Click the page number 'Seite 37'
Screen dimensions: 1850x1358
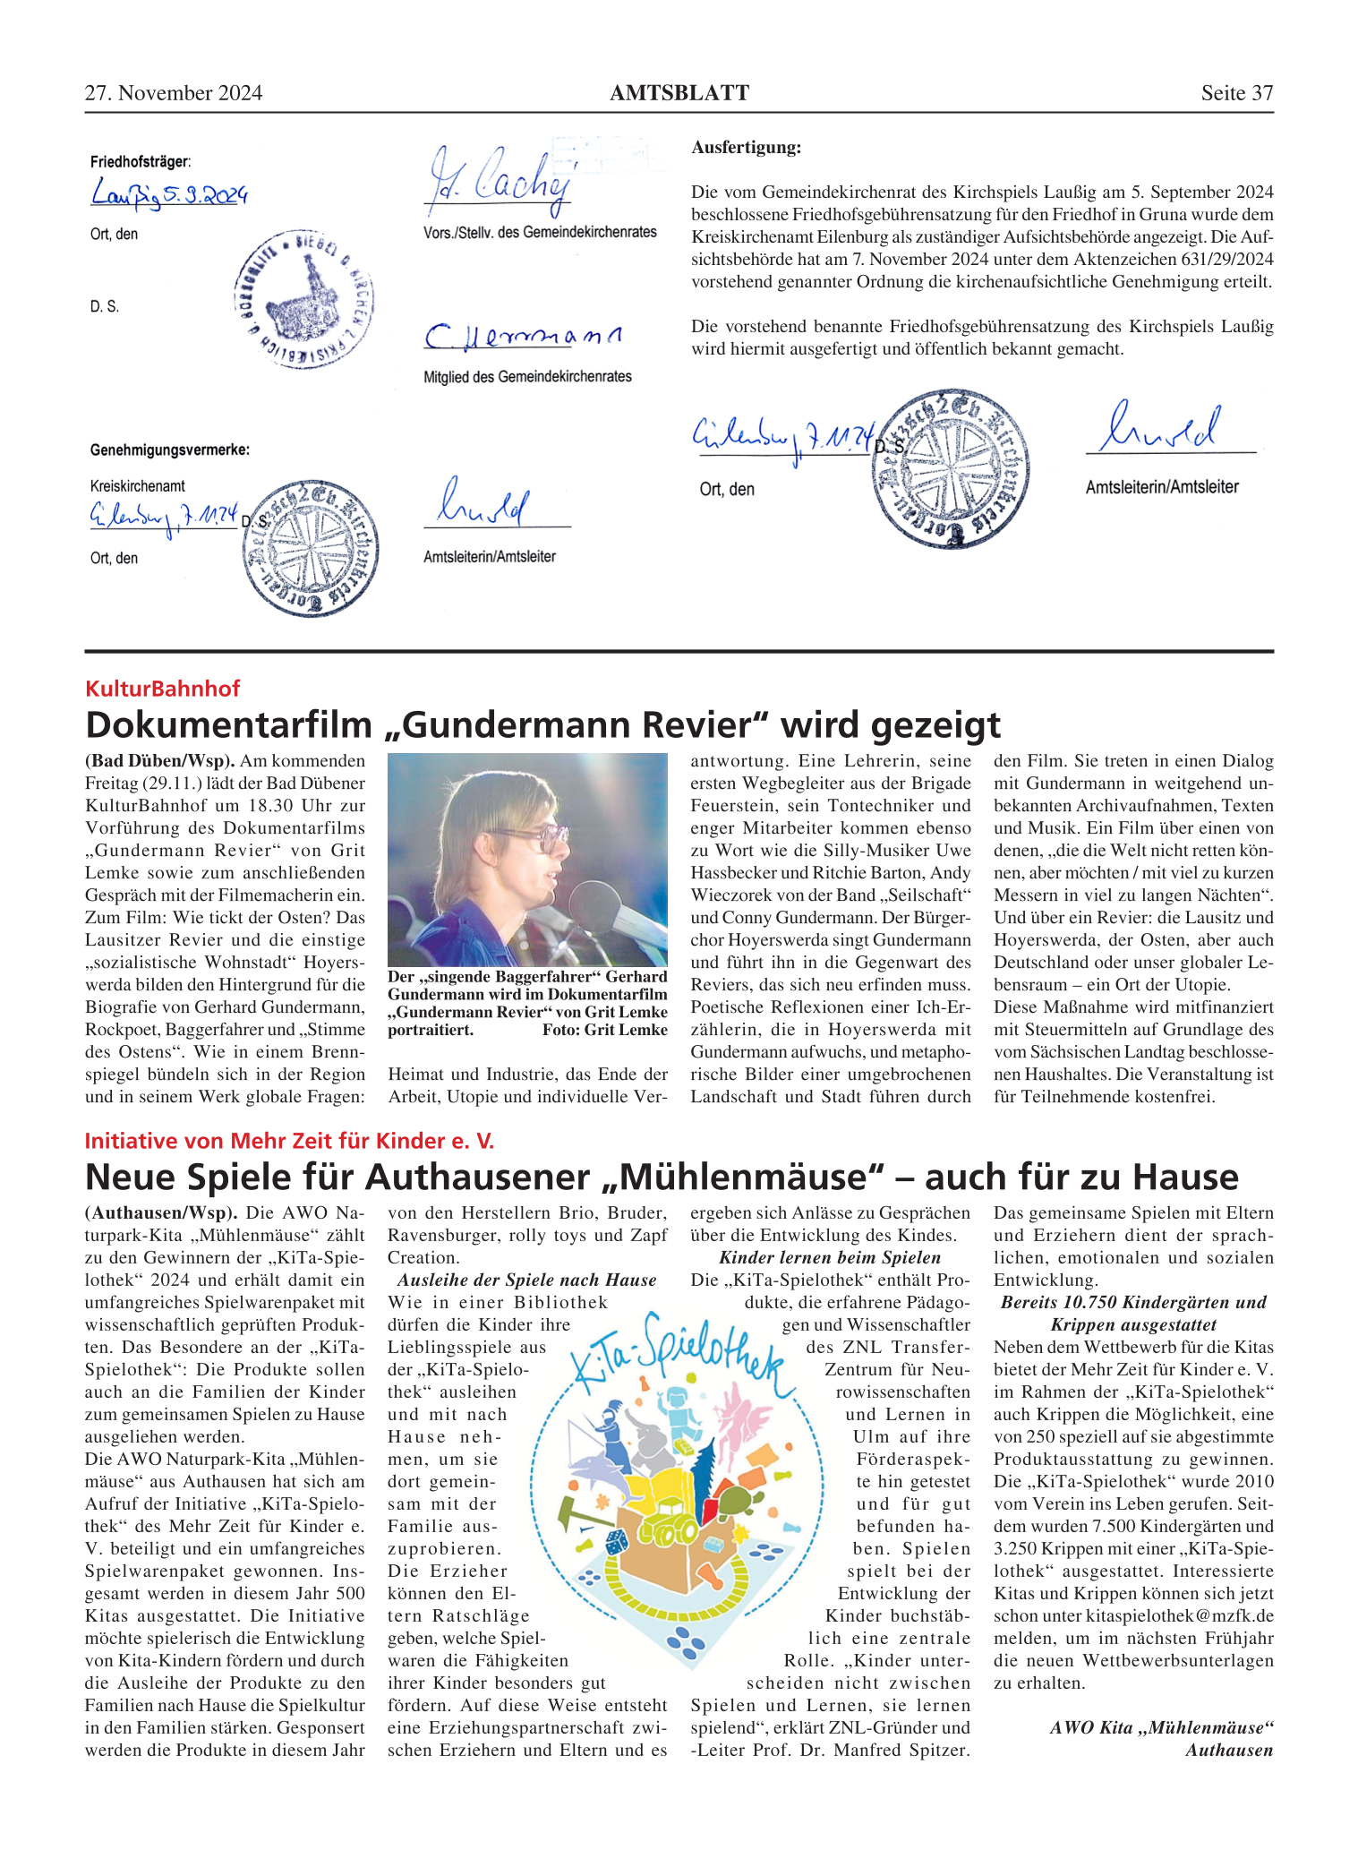[x=1236, y=93]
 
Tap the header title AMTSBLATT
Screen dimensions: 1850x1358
[x=679, y=93]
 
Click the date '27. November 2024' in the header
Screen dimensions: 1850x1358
[x=174, y=93]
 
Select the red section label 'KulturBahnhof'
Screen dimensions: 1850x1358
[x=163, y=688]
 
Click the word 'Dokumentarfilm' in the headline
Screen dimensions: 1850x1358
[x=228, y=724]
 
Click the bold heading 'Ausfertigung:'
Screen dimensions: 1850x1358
[x=747, y=148]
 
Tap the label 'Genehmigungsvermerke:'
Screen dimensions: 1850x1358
[x=169, y=450]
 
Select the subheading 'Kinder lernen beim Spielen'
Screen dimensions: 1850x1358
[x=830, y=1257]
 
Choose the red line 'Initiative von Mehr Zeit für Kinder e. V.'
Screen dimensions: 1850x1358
[x=289, y=1140]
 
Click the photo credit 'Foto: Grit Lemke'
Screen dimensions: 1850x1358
[x=604, y=1030]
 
